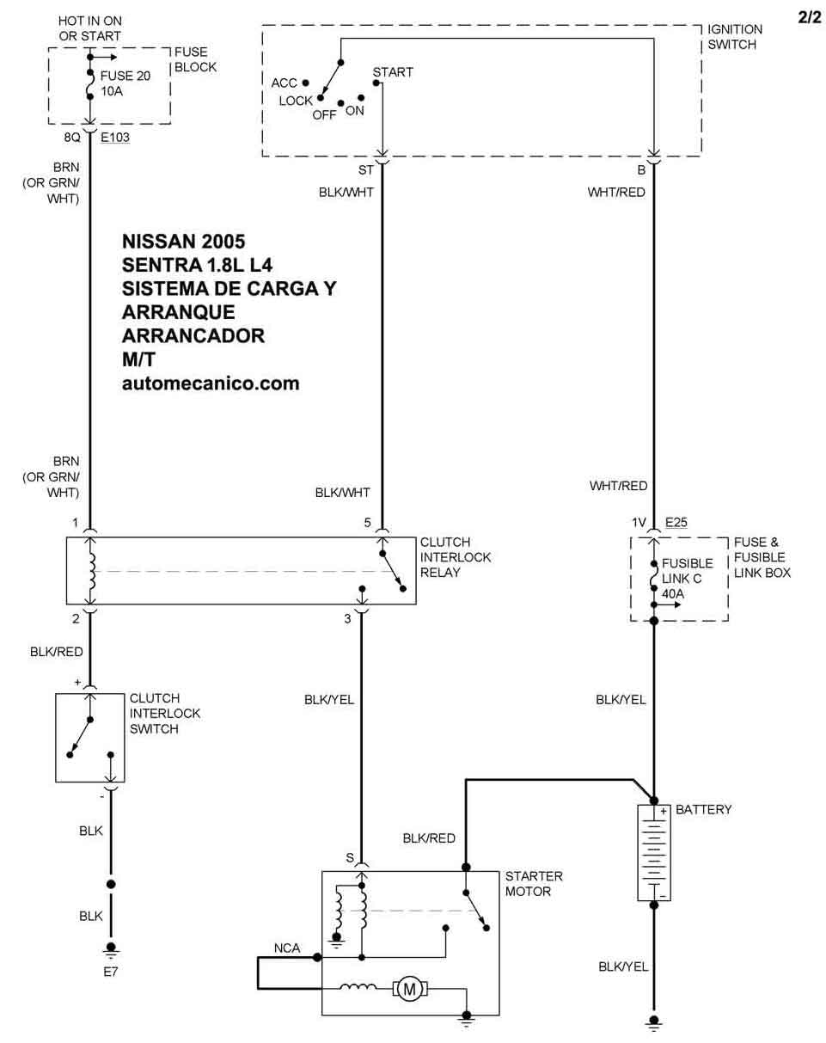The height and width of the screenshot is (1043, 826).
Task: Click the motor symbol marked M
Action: (x=410, y=989)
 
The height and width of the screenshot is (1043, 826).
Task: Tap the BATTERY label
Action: (x=703, y=810)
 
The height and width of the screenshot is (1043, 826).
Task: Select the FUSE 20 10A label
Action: (x=125, y=83)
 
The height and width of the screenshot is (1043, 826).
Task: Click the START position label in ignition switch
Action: (x=393, y=72)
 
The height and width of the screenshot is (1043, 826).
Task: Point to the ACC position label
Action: (x=284, y=83)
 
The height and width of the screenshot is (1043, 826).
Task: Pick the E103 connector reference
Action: (x=115, y=138)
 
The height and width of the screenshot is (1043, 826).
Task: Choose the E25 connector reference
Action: (x=676, y=523)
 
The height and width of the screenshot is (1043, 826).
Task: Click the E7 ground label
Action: (x=111, y=972)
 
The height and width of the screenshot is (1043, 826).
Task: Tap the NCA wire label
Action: (x=287, y=948)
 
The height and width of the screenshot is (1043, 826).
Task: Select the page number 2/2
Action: (x=810, y=18)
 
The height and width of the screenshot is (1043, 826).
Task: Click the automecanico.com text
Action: (x=211, y=383)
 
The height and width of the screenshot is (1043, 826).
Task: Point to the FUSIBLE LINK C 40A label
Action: (x=688, y=579)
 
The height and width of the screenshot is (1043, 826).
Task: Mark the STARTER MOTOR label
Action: (x=534, y=884)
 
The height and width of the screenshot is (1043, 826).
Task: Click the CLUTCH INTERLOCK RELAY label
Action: (x=456, y=557)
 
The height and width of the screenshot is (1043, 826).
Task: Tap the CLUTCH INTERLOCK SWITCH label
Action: (x=165, y=714)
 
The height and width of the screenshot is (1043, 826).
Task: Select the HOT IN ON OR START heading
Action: (x=90, y=28)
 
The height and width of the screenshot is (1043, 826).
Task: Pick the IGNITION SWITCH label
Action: (x=735, y=37)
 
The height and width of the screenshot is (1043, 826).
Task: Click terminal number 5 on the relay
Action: (x=368, y=523)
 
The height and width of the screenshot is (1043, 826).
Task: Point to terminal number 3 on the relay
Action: (x=347, y=619)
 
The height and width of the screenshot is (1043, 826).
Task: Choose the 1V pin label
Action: (x=639, y=523)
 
